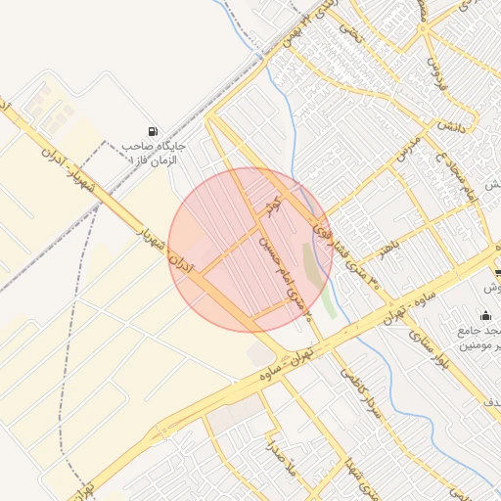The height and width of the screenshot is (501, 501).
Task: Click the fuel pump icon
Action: coord(152,131)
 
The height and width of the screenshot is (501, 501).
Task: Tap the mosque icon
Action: coord(486,314)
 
